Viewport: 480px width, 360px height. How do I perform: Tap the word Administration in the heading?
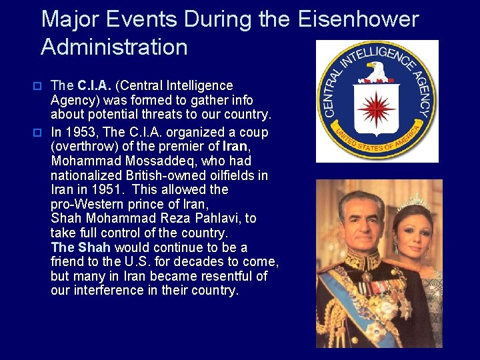114,47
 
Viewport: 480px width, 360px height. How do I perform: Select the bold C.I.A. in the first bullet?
95,86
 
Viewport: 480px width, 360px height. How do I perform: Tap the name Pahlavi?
225,218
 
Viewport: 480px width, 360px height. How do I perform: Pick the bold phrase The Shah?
80,247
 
